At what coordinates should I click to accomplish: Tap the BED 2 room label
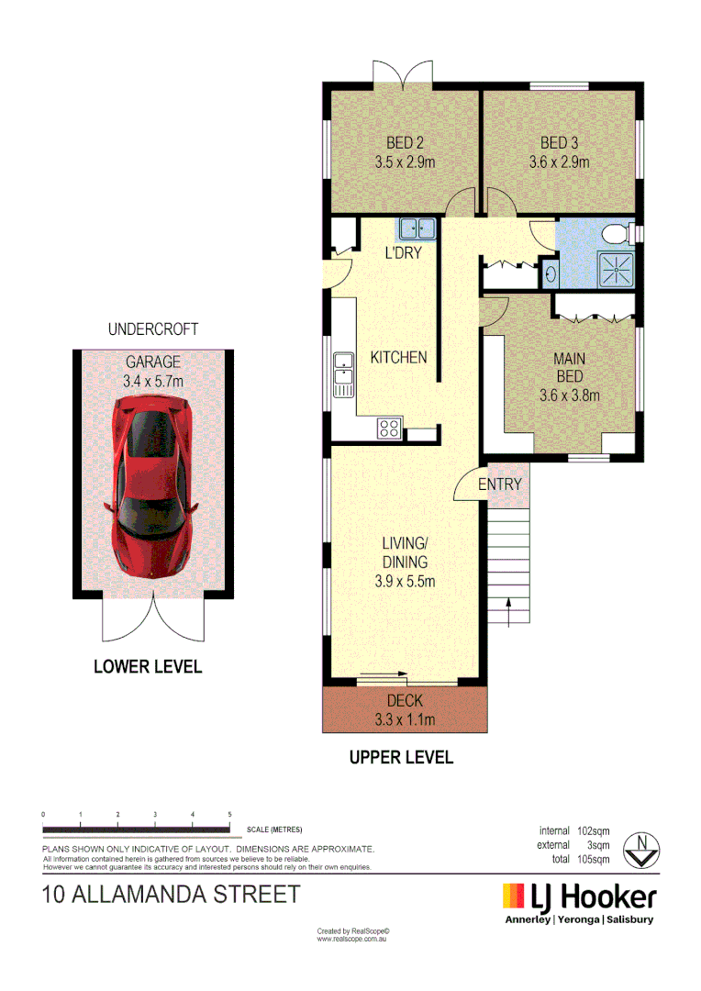tap(404, 143)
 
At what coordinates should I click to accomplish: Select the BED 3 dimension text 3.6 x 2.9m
tap(559, 162)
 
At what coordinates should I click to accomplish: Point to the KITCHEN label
tap(398, 357)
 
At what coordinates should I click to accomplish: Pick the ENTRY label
tap(500, 484)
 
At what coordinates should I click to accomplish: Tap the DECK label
tap(405, 701)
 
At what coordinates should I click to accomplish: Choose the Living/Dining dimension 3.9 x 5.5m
tap(405, 581)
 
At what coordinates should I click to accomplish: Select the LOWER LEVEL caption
tap(148, 667)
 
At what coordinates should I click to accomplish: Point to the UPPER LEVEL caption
tap(401, 758)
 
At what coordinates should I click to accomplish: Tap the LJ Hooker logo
tap(579, 896)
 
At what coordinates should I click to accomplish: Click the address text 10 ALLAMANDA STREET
tap(172, 894)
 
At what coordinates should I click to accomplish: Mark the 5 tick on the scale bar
tap(229, 816)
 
